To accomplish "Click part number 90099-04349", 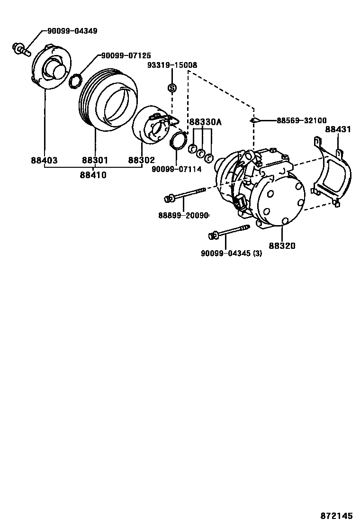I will point(72,31).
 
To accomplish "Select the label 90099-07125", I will point(126,56).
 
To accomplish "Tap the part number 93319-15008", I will point(172,65).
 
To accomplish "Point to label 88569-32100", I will point(301,120).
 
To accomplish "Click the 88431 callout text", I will point(338,129).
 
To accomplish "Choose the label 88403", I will point(44,161).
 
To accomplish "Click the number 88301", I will point(95,161).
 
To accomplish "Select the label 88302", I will point(141,161).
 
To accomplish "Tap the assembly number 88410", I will point(93,175).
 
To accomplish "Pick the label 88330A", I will point(205,122).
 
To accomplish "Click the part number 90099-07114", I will point(177,169).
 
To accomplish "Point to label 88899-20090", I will point(183,215).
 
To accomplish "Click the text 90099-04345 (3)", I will point(231,254).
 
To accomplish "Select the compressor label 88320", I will point(282,245).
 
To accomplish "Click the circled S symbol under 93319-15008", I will point(172,88).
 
